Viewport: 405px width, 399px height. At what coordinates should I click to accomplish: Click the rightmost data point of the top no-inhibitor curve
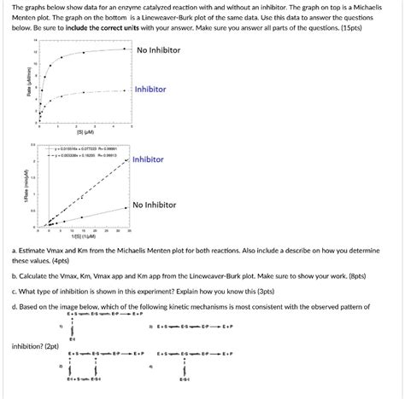pos(126,49)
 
